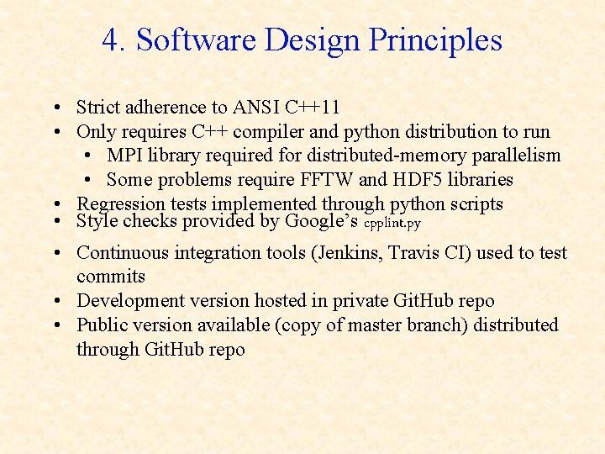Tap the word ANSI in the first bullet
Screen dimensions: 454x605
(257, 107)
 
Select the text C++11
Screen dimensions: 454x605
(312, 107)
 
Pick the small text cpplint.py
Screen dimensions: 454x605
(392, 224)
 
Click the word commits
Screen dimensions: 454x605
(111, 277)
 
